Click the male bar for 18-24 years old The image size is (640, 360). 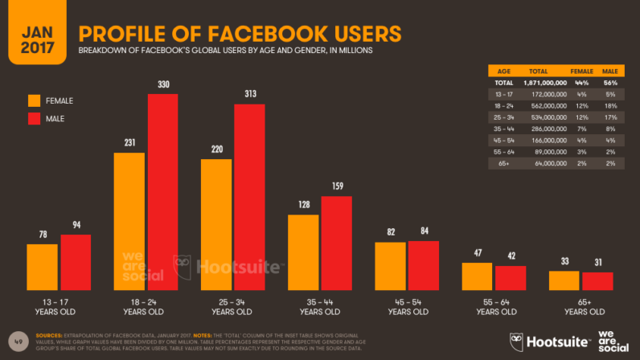pyautogui.click(x=162, y=192)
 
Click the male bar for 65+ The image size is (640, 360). pyautogui.click(x=597, y=281)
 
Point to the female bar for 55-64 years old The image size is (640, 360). pyautogui.click(x=477, y=276)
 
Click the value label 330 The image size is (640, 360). pyautogui.click(x=162, y=85)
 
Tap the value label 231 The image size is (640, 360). pyautogui.click(x=129, y=143)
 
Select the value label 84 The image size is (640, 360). pyautogui.click(x=423, y=232)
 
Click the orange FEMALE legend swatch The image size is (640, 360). pyautogui.click(x=34, y=100)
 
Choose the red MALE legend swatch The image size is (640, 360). pyautogui.click(x=34, y=120)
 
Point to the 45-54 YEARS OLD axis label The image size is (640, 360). pyautogui.click(x=407, y=306)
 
